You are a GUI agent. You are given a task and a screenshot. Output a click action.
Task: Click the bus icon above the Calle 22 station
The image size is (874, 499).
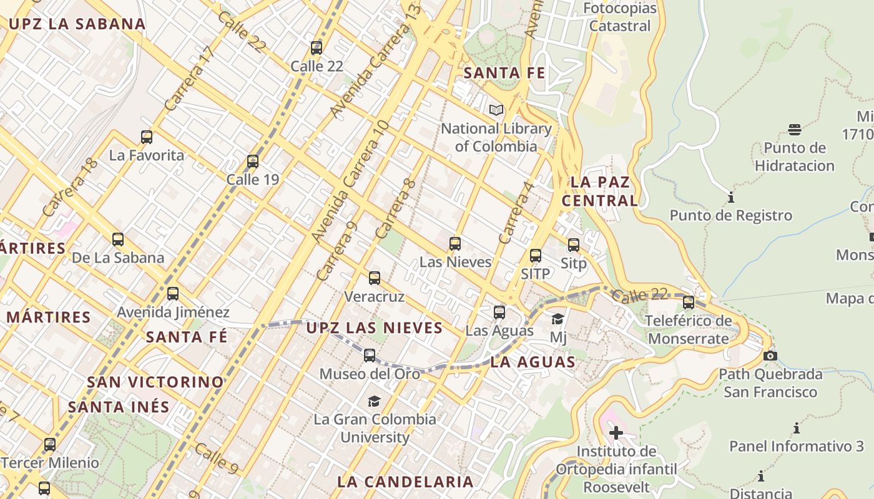coord(317,48)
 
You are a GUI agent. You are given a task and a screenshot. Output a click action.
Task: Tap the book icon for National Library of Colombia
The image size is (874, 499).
coord(496,110)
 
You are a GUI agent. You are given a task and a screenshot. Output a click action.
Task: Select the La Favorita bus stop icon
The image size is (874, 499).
coord(147,137)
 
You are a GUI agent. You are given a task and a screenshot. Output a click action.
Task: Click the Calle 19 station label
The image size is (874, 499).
coord(252,180)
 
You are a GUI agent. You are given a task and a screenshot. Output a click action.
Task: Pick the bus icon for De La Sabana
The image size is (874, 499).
coord(118,239)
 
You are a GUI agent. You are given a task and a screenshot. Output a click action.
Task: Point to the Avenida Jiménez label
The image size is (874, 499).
coord(173,312)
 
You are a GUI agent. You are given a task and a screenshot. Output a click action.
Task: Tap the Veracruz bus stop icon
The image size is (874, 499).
coord(375,278)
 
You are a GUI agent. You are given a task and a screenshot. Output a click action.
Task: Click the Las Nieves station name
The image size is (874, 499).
coord(455,262)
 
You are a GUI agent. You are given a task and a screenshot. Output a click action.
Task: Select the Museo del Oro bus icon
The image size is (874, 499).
coord(370,356)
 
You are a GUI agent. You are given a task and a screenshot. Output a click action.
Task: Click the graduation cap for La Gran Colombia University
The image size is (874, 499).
coord(374,401)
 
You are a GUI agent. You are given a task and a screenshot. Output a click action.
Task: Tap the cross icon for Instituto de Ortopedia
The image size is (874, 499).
coord(616,433)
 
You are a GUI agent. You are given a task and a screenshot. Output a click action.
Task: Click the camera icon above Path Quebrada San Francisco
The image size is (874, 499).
coord(770,356)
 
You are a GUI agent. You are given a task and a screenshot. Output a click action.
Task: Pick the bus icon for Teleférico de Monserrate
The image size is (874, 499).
coord(689,303)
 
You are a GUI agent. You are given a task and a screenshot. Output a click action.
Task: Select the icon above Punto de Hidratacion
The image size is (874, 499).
coord(794,130)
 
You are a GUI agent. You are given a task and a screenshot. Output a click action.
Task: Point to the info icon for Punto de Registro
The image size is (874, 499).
coord(730,198)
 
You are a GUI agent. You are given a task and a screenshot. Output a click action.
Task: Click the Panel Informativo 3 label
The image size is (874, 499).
coord(797,447)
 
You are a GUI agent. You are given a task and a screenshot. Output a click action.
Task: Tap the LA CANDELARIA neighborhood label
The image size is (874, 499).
coord(405,482)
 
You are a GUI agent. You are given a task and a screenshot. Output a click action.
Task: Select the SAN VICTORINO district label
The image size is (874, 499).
coord(155,382)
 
